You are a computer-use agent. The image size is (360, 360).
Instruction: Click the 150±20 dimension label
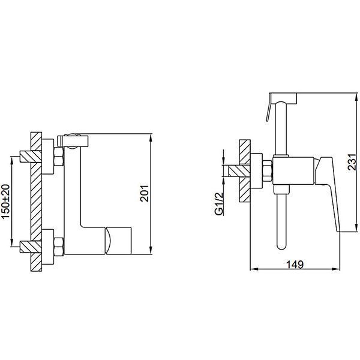(x=6, y=202)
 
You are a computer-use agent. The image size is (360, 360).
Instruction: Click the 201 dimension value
(x=145, y=193)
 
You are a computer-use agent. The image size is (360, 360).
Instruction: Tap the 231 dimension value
(x=352, y=162)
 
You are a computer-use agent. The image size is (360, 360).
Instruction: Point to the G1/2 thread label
(x=219, y=203)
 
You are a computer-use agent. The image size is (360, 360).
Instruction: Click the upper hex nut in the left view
(x=59, y=157)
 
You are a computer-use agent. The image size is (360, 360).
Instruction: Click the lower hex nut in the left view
(x=59, y=247)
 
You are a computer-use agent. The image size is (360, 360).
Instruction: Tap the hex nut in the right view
(x=268, y=171)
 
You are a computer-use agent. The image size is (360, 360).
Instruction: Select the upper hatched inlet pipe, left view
(x=31, y=157)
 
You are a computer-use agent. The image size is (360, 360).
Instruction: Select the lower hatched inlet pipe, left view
(x=31, y=247)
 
